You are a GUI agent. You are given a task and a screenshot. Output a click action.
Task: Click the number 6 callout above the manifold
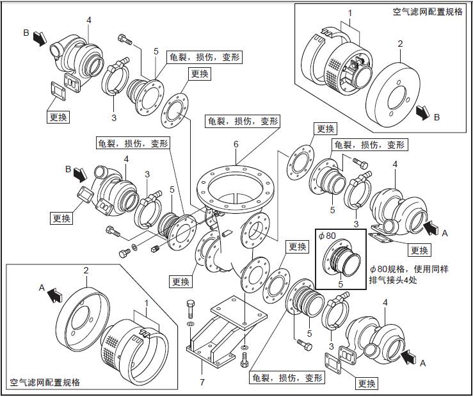(x=236, y=145)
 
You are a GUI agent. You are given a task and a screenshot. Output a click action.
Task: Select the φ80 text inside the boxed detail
(x=326, y=236)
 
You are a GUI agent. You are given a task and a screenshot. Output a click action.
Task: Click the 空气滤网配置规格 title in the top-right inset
(x=427, y=12)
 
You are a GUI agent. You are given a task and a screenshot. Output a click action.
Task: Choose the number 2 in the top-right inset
(x=400, y=44)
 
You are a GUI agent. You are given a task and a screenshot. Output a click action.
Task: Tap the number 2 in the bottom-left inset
(x=85, y=271)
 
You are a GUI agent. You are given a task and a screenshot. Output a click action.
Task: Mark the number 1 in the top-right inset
(x=349, y=12)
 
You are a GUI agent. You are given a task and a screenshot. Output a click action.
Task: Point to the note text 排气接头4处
(x=394, y=279)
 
